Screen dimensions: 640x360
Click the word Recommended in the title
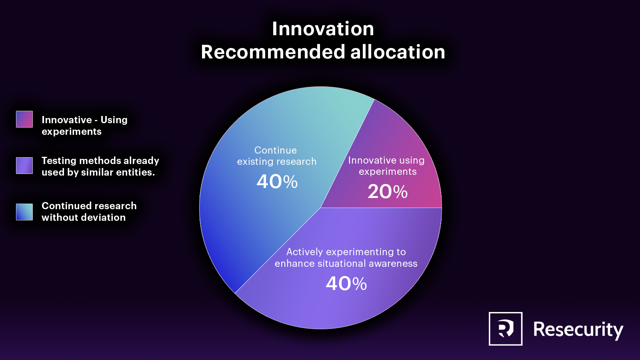point(273,52)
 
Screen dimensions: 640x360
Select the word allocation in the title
point(398,52)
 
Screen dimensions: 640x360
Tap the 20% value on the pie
point(388,192)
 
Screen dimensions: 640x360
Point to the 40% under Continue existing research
point(277,182)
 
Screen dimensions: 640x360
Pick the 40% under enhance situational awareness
point(346,284)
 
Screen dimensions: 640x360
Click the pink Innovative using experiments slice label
point(386,166)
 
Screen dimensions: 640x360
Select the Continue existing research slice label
point(276,156)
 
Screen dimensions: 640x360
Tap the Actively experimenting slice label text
point(346,258)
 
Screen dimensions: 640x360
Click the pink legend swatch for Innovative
point(24,119)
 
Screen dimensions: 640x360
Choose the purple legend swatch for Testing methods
point(24,166)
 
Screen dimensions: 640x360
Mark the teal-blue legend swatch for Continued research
point(24,212)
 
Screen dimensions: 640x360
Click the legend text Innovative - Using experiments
point(84,126)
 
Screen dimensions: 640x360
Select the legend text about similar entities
point(100,166)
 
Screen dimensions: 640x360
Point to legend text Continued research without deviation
point(89,212)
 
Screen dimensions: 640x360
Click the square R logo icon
point(506,328)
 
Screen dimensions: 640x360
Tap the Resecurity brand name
point(578,330)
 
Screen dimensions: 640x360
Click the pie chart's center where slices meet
point(320,208)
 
